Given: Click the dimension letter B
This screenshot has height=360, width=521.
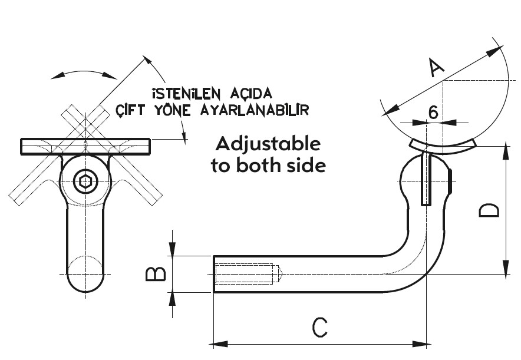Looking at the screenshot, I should point(155,273).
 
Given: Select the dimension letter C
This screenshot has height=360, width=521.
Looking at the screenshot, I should point(319,328).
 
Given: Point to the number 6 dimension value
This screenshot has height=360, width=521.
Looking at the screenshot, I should point(433,113).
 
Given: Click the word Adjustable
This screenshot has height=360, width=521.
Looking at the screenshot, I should point(268,144).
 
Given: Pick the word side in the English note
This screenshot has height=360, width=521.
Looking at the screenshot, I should point(305,166).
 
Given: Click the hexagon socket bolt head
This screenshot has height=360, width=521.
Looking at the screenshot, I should point(85,182).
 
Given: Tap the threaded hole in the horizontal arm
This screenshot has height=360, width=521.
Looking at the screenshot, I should point(248,274).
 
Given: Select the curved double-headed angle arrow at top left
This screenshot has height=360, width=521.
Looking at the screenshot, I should point(84,73).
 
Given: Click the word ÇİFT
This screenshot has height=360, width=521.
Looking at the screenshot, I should point(131,110).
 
